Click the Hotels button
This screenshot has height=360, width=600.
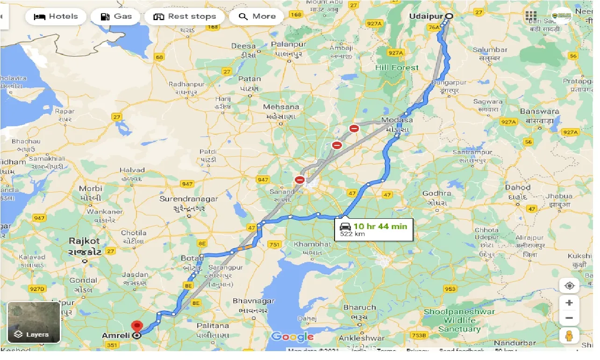(56, 16)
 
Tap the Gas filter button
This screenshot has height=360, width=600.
(117, 16)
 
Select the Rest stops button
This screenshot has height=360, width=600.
(185, 16)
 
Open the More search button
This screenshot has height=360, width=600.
(257, 16)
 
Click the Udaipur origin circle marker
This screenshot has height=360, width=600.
(449, 16)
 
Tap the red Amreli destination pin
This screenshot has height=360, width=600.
(137, 326)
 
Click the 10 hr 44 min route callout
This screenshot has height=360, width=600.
(373, 229)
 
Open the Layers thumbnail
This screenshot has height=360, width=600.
(34, 322)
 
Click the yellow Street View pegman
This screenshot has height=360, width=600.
(569, 336)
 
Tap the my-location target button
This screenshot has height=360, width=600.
(569, 286)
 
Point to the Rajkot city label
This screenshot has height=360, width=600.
(85, 241)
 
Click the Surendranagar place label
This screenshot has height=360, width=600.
(189, 199)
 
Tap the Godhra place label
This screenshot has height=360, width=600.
(436, 193)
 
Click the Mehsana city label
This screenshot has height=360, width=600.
(280, 107)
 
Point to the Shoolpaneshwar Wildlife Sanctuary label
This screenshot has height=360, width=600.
(459, 320)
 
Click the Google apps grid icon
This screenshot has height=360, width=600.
(531, 16)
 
